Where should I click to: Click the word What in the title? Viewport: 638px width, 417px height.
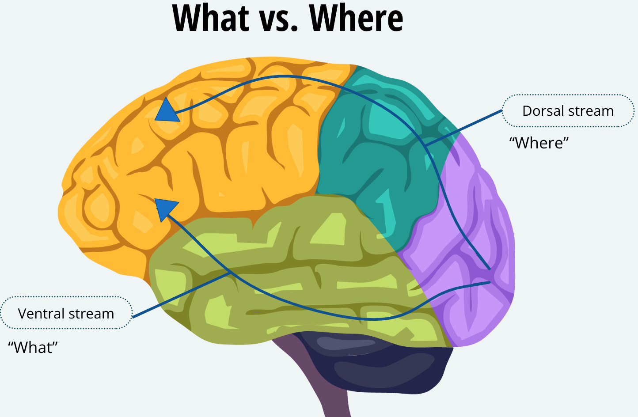pyautogui.click(x=211, y=19)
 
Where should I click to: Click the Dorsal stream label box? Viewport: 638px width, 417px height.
pyautogui.click(x=568, y=111)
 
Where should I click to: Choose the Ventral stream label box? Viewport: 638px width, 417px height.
pyautogui.click(x=66, y=313)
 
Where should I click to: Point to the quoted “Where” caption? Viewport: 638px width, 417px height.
pyautogui.click(x=539, y=143)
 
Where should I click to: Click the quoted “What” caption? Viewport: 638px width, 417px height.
pyautogui.click(x=33, y=348)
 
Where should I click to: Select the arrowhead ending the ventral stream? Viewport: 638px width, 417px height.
pyautogui.click(x=165, y=208)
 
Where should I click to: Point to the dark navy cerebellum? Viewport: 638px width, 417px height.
pyautogui.click(x=376, y=367)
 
